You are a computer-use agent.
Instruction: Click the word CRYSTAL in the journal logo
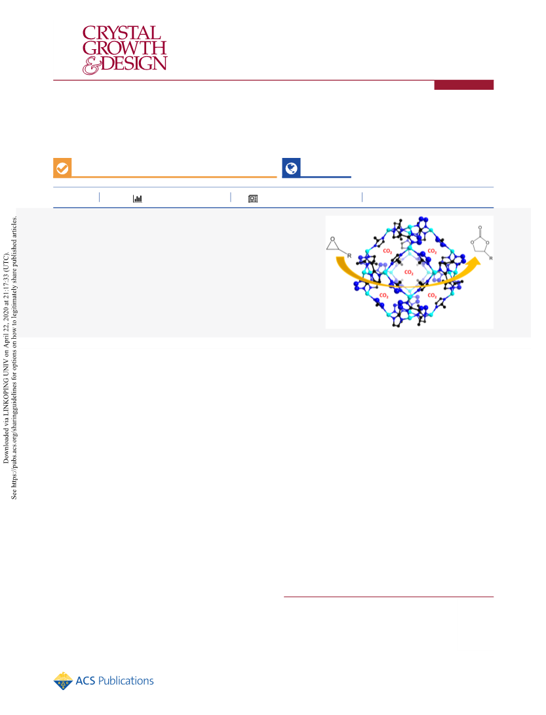(x=122, y=33)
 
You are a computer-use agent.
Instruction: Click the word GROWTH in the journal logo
(x=125, y=48)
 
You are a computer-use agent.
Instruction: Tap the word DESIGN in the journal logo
(x=134, y=64)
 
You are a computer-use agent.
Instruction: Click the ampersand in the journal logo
(x=91, y=65)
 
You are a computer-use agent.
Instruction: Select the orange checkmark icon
(x=62, y=168)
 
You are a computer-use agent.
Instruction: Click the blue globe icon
(x=291, y=168)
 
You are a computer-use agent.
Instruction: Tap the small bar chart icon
(x=137, y=199)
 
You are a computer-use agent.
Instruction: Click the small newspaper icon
(x=253, y=199)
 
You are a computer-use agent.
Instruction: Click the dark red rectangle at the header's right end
(x=463, y=85)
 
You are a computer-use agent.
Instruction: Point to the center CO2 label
(x=409, y=272)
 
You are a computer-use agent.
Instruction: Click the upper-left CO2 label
(x=387, y=251)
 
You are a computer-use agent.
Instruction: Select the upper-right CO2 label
(x=432, y=251)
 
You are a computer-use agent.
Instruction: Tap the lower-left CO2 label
(x=384, y=296)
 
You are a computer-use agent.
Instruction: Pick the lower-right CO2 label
(x=432, y=296)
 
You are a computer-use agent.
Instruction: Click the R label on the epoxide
(x=349, y=256)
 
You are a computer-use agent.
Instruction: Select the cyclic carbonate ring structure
(x=480, y=244)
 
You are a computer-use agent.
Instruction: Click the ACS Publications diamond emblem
(x=63, y=681)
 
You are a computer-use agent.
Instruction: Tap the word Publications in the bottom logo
(x=126, y=681)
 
